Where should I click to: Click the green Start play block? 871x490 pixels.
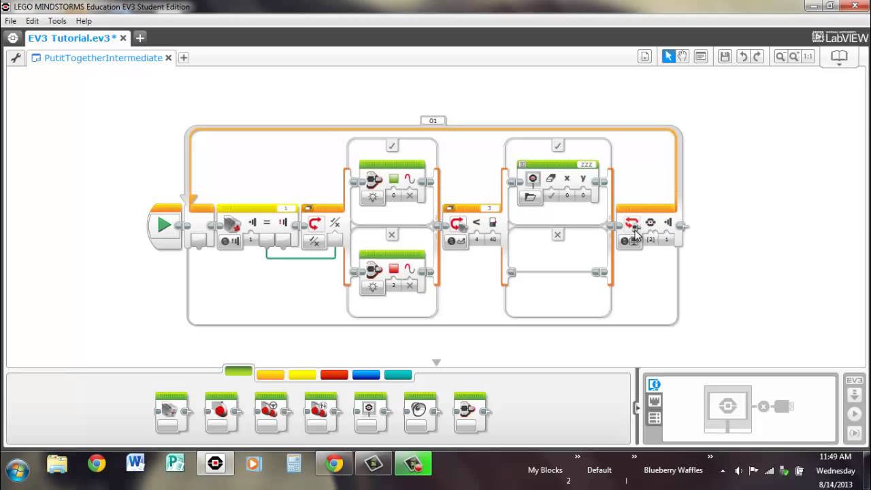(164, 225)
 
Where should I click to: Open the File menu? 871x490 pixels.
(10, 21)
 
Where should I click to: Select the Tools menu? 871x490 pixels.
(57, 21)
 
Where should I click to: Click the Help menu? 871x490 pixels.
(84, 21)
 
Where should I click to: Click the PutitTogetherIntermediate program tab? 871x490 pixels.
(103, 58)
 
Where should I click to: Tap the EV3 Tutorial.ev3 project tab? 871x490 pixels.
(72, 38)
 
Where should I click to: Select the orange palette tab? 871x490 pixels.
(270, 375)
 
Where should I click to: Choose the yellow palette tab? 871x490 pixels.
(302, 375)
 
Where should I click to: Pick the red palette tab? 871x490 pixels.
(334, 375)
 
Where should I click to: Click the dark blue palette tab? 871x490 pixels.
(366, 375)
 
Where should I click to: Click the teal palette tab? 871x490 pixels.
(398, 375)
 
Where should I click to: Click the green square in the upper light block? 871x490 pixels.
(393, 179)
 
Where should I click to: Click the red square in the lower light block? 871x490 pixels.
(393, 269)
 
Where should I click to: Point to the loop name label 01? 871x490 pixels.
(433, 120)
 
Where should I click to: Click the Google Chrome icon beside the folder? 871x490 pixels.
(97, 464)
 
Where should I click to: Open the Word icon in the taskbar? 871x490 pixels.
(135, 464)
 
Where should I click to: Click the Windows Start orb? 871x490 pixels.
(17, 470)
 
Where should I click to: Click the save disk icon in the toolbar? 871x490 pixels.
(725, 56)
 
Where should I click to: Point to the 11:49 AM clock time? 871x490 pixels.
(836, 457)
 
